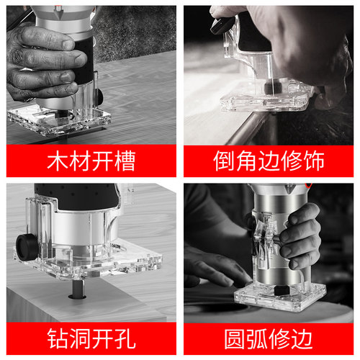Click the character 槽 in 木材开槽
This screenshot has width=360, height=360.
[x=123, y=161]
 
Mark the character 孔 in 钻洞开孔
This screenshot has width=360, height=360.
[x=123, y=337]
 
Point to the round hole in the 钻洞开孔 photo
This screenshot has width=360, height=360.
[x=76, y=294]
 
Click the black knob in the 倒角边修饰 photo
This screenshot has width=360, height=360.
[x=218, y=27]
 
